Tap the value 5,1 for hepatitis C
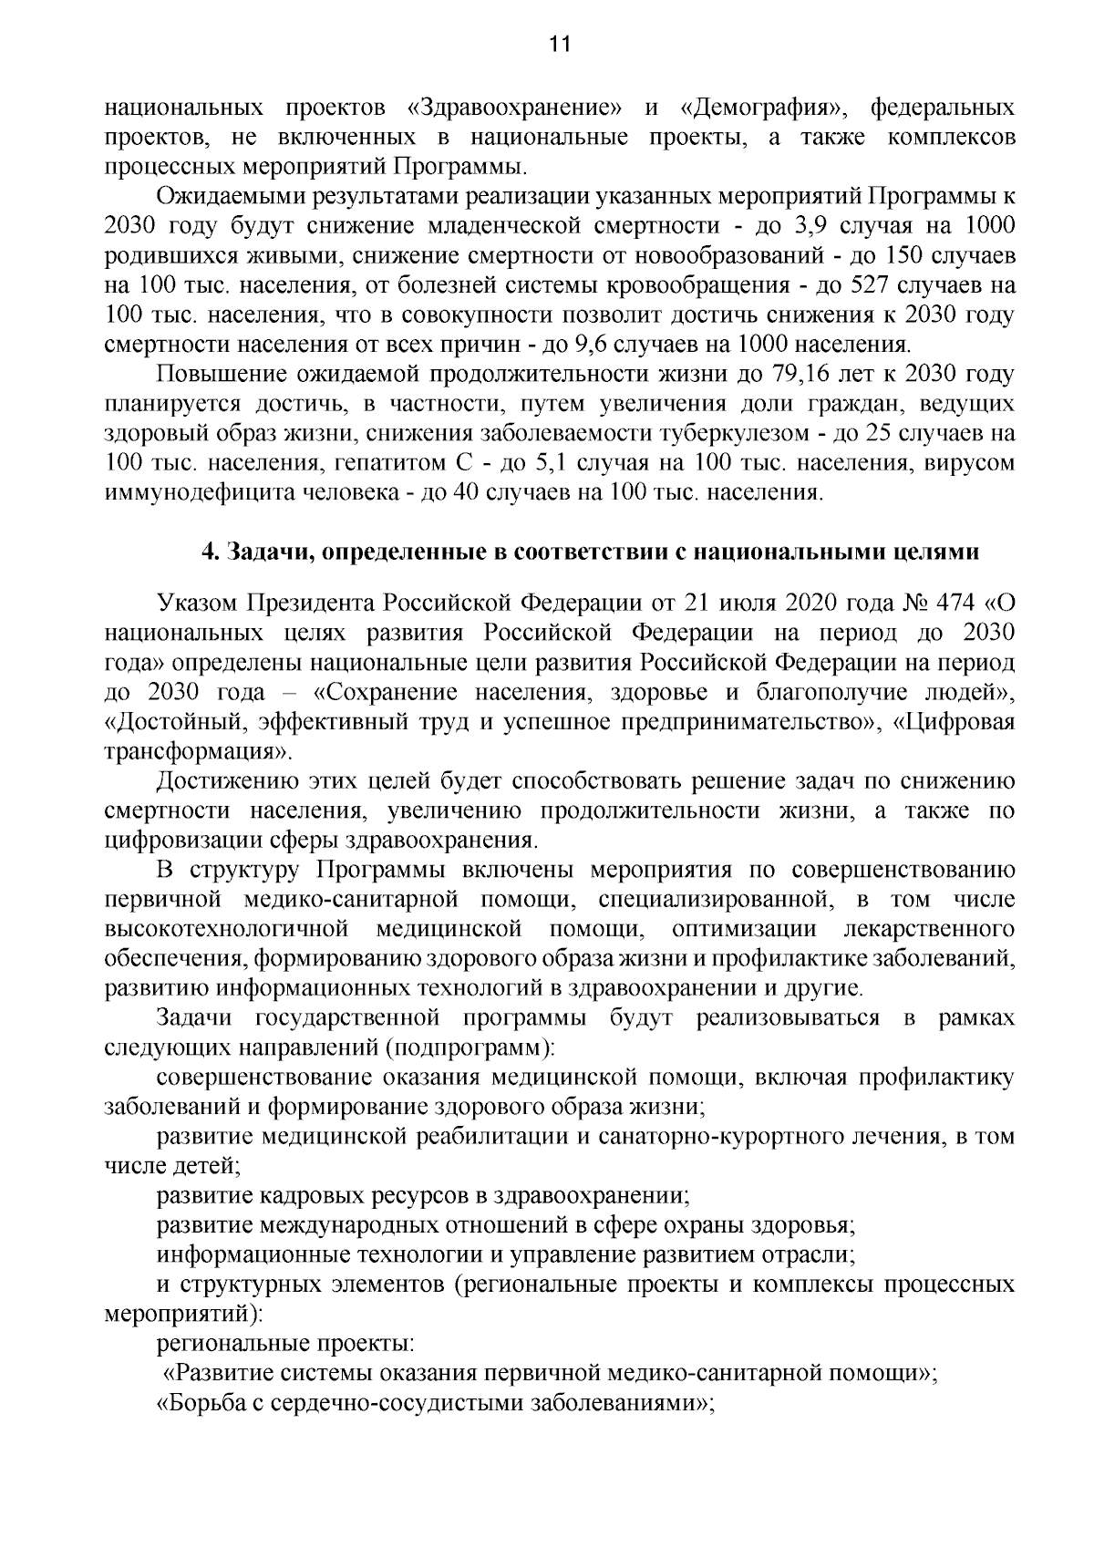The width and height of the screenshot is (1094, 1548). [552, 464]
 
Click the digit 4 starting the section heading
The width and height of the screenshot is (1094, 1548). [206, 552]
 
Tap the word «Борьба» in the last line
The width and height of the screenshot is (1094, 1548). [198, 1404]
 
